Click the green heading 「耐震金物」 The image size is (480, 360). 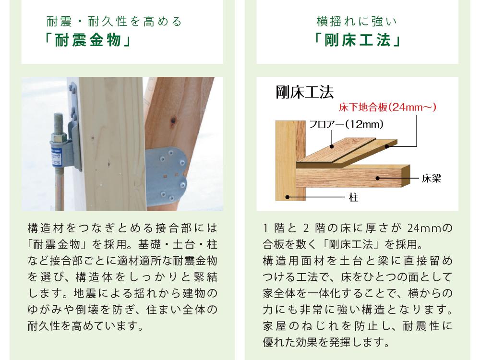[88, 40]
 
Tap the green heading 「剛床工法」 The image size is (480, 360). [357, 40]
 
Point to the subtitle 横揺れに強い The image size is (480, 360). [357, 22]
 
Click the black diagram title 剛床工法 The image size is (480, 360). [305, 92]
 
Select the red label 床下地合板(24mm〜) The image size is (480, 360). [387, 107]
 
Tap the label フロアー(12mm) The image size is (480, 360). [346, 124]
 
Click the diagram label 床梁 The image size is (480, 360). [432, 178]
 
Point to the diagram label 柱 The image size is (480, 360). [354, 197]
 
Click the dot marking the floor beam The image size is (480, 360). [378, 178]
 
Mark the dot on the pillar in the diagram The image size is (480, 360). [287, 197]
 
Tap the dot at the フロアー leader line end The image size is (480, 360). [332, 146]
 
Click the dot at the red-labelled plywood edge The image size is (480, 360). [387, 146]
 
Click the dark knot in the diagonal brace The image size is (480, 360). [173, 120]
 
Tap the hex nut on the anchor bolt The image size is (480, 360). [58, 136]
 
